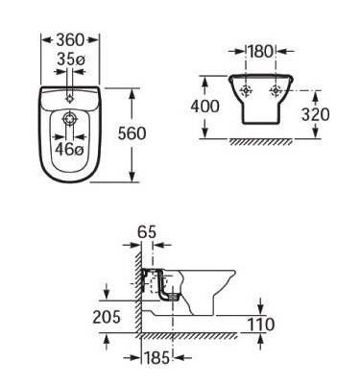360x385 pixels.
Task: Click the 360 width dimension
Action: click(70, 40)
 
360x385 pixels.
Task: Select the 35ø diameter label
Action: click(70, 60)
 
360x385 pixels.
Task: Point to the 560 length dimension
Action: click(132, 133)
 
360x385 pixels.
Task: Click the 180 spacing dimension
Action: click(260, 51)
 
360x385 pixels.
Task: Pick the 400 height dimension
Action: click(205, 107)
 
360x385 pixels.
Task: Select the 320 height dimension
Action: click(315, 114)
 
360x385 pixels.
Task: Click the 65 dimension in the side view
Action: click(147, 231)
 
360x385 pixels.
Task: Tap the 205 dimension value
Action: click(107, 317)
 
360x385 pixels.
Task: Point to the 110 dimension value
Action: click(261, 325)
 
